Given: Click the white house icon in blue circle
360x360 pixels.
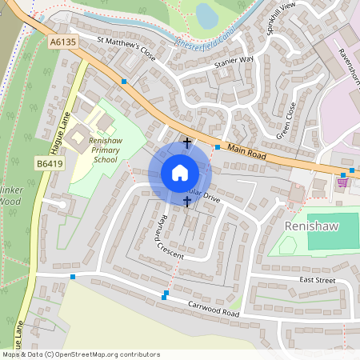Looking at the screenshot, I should point(180,173).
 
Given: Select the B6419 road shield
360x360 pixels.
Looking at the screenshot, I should point(49,164).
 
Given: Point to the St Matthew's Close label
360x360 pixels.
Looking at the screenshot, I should point(126,48).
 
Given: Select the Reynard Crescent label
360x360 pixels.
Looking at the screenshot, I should point(170,238).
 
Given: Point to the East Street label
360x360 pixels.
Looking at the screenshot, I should point(318,280).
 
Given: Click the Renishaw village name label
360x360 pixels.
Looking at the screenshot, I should point(312,226).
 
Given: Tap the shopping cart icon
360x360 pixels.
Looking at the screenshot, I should point(342,182).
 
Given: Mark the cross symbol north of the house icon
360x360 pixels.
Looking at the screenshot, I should point(187,143).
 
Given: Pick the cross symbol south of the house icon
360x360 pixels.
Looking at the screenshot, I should point(187,202).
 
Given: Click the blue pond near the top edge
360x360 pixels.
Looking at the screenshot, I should point(206,14).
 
